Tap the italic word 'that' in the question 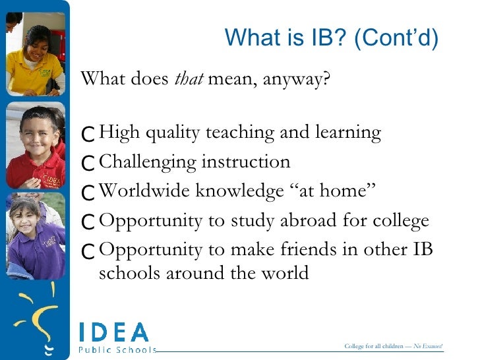pyautogui.click(x=190, y=80)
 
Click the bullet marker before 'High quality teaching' pyautogui.click(x=88, y=135)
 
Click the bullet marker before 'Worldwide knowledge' pyautogui.click(x=88, y=193)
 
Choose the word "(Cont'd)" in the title pyautogui.click(x=396, y=38)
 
